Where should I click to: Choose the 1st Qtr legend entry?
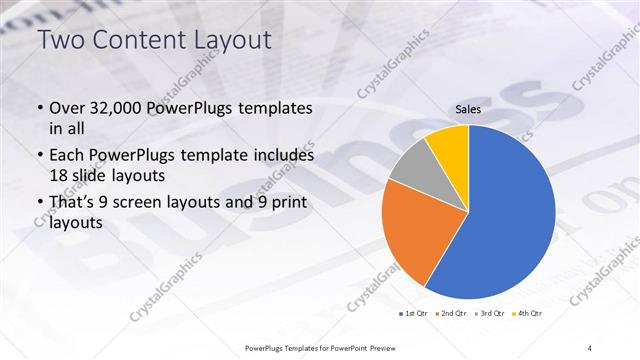[415, 315]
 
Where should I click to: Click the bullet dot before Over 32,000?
[39, 108]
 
